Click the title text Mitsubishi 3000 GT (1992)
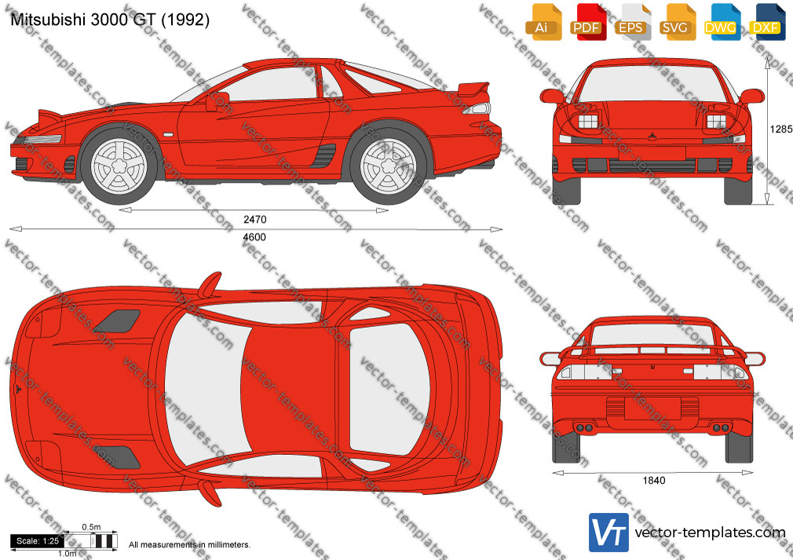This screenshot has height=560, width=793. click(x=110, y=20)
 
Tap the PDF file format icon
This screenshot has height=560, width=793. click(x=587, y=22)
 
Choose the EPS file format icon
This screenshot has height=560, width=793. click(x=631, y=22)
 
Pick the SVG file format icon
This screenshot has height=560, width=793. click(x=676, y=22)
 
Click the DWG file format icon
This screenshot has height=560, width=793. click(x=721, y=22)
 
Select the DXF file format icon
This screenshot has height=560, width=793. click(x=766, y=22)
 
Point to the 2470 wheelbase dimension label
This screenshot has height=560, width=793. click(x=255, y=220)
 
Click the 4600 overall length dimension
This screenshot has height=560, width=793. click(x=254, y=237)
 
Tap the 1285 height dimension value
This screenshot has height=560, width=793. click(x=781, y=129)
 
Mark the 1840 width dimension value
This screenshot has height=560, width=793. click(x=654, y=481)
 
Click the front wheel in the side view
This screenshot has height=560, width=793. click(x=119, y=165)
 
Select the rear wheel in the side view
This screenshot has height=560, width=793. click(x=389, y=165)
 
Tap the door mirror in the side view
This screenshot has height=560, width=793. click(x=217, y=100)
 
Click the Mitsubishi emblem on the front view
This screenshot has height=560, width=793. click(x=652, y=136)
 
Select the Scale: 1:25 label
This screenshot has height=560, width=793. click(x=38, y=541)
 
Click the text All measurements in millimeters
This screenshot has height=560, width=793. click(x=190, y=545)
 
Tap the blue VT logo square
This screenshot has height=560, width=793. click(x=609, y=533)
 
